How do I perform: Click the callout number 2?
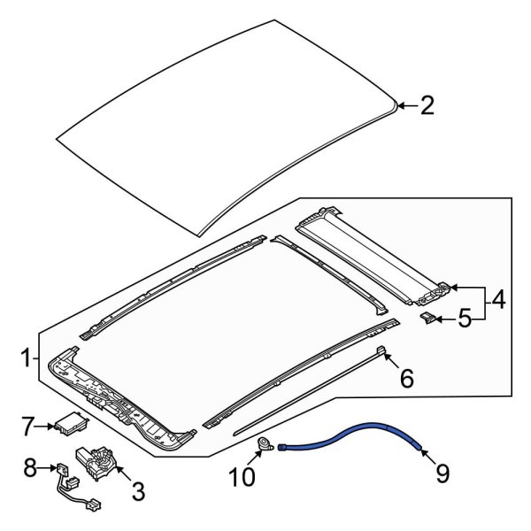(427, 107)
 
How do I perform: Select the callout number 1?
(27, 358)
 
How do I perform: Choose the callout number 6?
(407, 380)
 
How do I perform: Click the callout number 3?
(140, 488)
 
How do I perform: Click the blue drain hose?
(354, 436)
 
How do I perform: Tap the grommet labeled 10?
(264, 445)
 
